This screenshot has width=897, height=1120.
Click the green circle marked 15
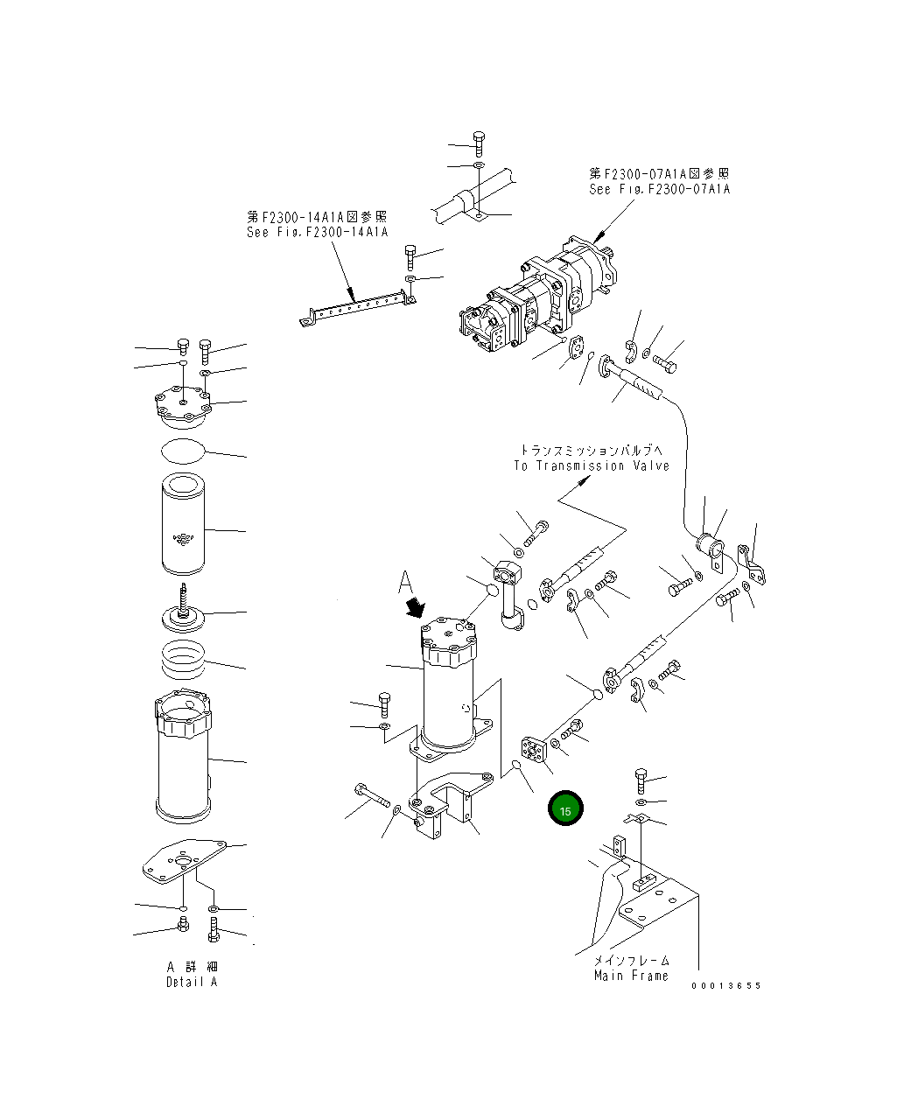click(x=565, y=810)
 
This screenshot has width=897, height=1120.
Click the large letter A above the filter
click(x=405, y=582)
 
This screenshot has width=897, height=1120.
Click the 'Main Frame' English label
click(x=631, y=975)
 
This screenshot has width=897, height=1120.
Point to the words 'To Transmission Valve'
click(x=592, y=465)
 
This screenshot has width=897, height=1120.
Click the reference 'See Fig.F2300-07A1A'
click(x=659, y=189)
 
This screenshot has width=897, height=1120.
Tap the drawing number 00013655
click(x=725, y=985)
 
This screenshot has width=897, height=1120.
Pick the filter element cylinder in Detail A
click(x=184, y=523)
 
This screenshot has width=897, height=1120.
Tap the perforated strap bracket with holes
click(x=354, y=308)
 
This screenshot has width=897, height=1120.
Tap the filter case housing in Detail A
click(x=183, y=757)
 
